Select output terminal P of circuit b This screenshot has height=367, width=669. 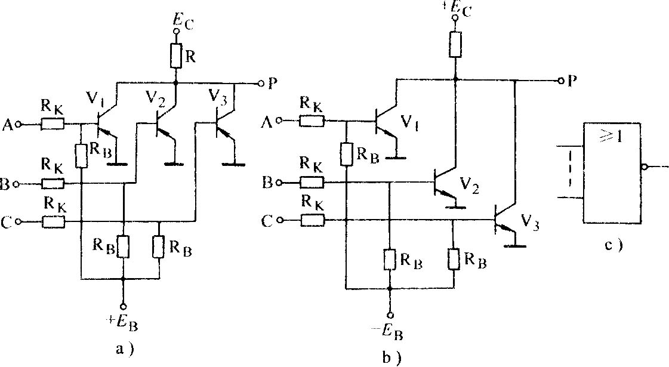[560, 80]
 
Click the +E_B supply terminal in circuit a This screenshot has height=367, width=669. [123, 306]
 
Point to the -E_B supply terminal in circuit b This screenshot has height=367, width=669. [390, 315]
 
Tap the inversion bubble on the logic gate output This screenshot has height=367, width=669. [645, 167]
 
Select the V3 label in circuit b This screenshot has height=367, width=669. [531, 222]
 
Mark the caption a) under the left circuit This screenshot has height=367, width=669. [125, 350]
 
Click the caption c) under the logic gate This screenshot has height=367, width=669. [613, 246]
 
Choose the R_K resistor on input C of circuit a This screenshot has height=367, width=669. [53, 222]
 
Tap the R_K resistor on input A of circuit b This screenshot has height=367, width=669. [312, 121]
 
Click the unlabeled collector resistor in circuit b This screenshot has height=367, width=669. [455, 44]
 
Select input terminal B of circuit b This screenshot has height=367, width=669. [279, 183]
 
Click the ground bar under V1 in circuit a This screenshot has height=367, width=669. [116, 163]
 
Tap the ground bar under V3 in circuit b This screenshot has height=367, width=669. [515, 246]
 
